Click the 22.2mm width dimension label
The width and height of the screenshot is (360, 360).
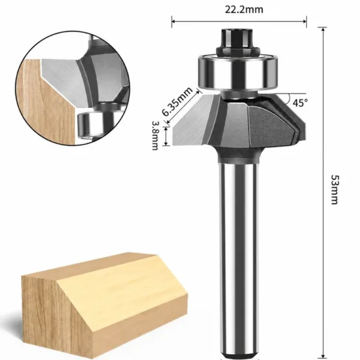pos(244,10)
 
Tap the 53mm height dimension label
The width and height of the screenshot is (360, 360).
pos(335,190)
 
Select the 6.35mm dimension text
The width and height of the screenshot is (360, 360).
pos(177,102)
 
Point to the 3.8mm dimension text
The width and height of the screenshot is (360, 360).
pos(156,136)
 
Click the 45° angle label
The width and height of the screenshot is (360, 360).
pos(300,103)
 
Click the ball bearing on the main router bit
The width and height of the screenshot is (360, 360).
pos(238,71)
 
